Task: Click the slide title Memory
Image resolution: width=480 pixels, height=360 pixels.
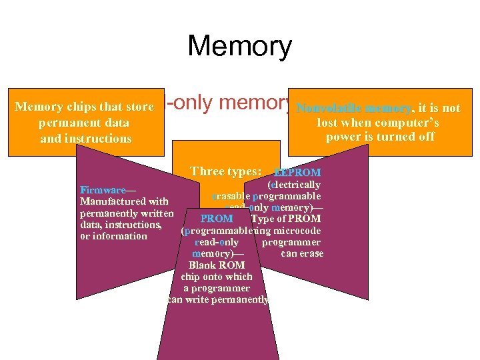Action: click(x=239, y=47)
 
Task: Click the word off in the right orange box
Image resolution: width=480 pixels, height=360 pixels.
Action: click(x=426, y=137)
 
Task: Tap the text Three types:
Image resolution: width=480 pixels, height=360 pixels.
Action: click(x=225, y=171)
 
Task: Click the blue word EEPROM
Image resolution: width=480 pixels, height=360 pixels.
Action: click(x=297, y=173)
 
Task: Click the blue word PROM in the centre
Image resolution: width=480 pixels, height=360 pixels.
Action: click(x=217, y=219)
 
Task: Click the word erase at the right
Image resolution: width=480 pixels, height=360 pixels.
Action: click(x=311, y=253)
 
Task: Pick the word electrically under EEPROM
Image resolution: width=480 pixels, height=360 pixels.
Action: click(x=294, y=185)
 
